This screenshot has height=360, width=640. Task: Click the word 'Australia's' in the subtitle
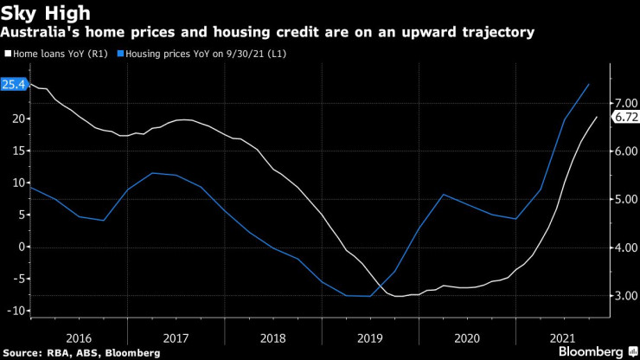[38, 32]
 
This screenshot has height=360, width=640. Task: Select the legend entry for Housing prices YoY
[207, 54]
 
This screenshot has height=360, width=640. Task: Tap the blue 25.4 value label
[13, 85]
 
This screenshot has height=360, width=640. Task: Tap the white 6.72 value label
[624, 117]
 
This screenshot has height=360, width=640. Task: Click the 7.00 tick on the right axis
[624, 103]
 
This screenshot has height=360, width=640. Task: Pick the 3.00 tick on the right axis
[624, 296]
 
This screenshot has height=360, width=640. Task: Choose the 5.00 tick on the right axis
[624, 199]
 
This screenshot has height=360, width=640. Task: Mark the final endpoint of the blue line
[589, 84]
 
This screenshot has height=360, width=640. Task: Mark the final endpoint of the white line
[597, 117]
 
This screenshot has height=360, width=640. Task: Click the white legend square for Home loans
[8, 54]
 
